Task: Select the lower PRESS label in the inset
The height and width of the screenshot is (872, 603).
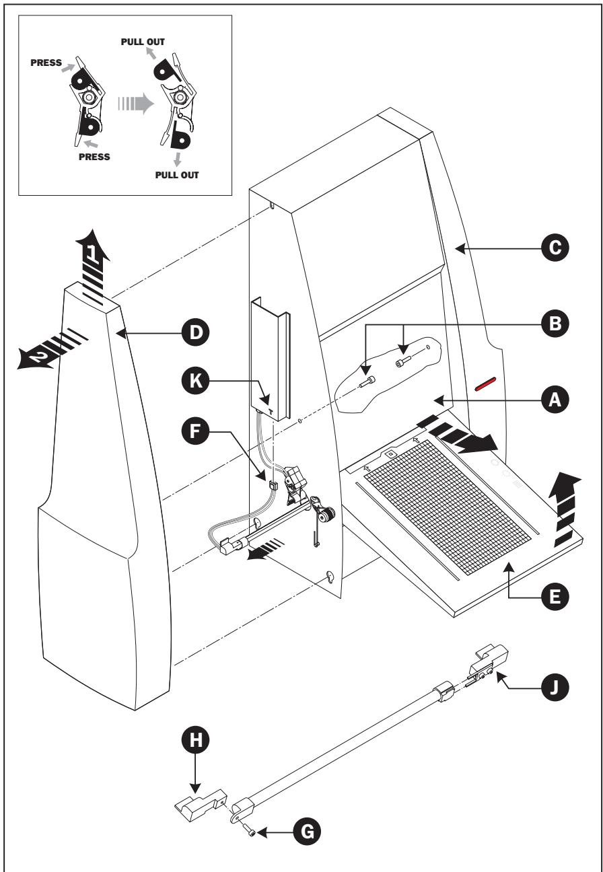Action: (x=94, y=157)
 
